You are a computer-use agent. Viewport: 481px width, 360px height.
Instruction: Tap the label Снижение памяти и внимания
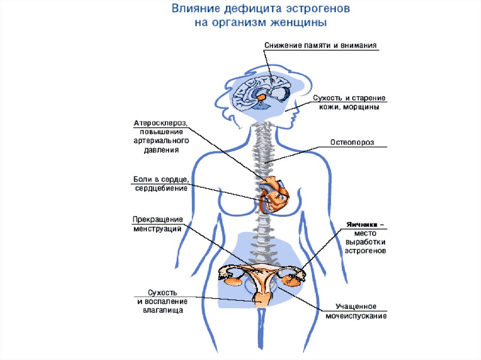point(321,45)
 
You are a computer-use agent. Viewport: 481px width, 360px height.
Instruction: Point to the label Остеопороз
point(352,143)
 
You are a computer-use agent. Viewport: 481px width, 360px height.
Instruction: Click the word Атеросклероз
point(161,123)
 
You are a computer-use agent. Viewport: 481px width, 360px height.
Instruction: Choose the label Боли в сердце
point(161,180)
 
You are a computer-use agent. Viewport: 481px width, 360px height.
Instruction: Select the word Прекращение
point(157,220)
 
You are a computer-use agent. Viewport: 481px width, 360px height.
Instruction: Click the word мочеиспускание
point(357,316)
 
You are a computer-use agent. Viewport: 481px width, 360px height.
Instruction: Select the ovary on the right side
point(292,280)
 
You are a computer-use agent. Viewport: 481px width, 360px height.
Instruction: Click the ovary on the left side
point(232,280)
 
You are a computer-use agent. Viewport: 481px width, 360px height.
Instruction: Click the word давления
point(161,150)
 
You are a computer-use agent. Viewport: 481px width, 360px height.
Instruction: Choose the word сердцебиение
point(161,189)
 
